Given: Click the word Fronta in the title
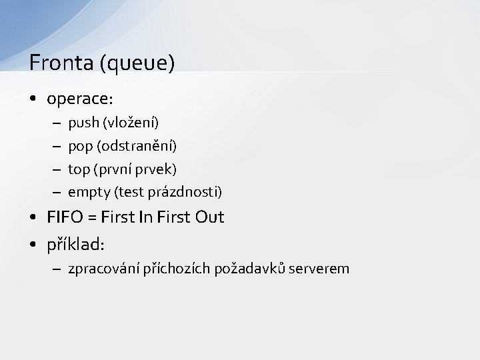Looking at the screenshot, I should [x=61, y=63].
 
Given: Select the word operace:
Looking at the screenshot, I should [x=80, y=99].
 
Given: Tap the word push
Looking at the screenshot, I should [x=83, y=123].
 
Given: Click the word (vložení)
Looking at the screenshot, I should [x=131, y=123].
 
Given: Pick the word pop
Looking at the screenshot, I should [x=80, y=146].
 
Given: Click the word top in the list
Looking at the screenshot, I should [x=79, y=169].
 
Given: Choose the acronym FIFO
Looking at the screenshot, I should [x=64, y=217].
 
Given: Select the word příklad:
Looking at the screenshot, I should [x=75, y=245].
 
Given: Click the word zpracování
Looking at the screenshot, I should [x=104, y=269].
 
